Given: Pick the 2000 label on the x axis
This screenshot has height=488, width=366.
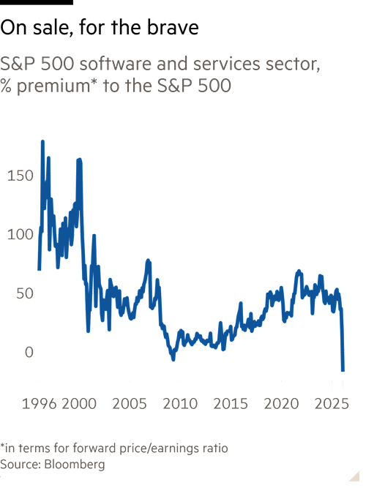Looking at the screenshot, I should click(x=80, y=403).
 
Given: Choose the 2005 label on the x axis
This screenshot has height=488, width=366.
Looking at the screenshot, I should click(x=130, y=403).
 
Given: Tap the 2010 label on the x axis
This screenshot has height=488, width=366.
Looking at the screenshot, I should click(x=180, y=403).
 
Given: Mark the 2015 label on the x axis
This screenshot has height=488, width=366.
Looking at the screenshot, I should click(x=230, y=403).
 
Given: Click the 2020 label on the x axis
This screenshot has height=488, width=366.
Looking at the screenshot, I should click(x=280, y=403).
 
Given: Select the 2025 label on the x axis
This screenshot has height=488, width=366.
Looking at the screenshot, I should click(x=331, y=403).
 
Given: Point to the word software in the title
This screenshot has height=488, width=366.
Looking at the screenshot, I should click(x=95, y=64).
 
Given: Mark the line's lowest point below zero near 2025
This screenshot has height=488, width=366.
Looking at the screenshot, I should click(x=343, y=371).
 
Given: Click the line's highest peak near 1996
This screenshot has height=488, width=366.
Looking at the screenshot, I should click(x=42, y=140).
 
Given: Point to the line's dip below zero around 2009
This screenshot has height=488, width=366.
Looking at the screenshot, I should click(x=173, y=360).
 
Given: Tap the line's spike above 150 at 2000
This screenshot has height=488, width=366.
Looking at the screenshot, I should click(x=79, y=159).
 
